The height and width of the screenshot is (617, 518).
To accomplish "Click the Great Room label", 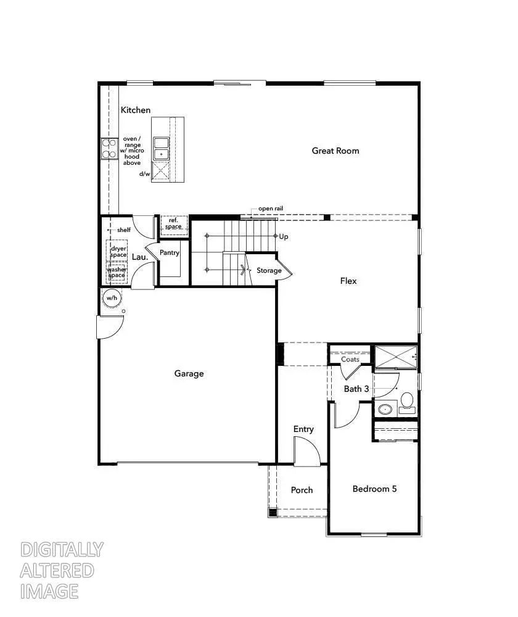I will click(x=335, y=151).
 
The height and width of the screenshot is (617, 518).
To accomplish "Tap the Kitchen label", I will click(x=135, y=110).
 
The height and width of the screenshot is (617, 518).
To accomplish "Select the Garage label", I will click(x=189, y=373).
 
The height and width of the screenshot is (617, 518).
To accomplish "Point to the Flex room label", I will click(x=348, y=281).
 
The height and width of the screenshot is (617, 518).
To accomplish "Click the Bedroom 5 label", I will click(x=374, y=489).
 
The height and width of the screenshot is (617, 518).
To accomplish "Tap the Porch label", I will click(x=302, y=490).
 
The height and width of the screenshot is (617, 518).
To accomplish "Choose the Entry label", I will click(x=303, y=429).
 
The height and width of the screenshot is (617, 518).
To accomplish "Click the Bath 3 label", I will click(x=356, y=389).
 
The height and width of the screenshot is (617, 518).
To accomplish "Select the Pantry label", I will click(x=169, y=253).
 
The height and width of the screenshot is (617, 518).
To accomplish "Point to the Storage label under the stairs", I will click(x=269, y=270).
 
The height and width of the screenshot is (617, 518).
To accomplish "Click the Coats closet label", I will click(x=350, y=359).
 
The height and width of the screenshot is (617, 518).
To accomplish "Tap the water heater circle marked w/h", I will click(x=112, y=298).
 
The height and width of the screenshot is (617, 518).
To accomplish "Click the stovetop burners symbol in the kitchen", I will click(x=109, y=149).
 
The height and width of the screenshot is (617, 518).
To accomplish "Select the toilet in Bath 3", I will click(x=406, y=402).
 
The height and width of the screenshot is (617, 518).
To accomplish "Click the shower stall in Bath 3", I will click(x=395, y=357).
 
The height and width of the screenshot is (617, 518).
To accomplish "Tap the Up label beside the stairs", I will click(x=284, y=236).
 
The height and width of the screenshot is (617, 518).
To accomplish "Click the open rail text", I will click(x=270, y=209).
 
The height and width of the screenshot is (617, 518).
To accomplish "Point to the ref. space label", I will click(x=173, y=223).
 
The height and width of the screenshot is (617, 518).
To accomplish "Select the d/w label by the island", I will click(x=145, y=173).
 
